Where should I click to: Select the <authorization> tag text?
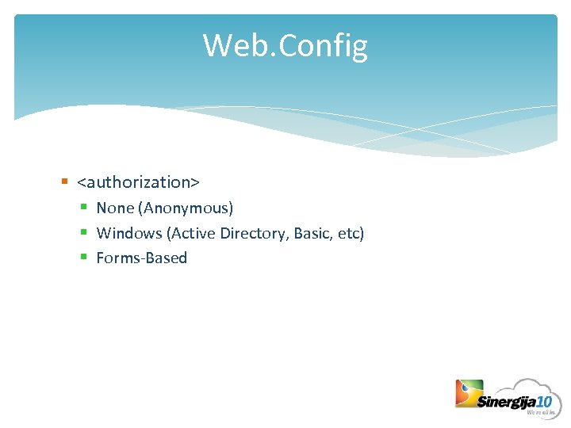pyautogui.click(x=138, y=182)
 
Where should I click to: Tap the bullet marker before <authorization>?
pyautogui.click(x=64, y=182)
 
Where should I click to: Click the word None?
pyautogui.click(x=115, y=208)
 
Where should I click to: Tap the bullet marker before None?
pyautogui.click(x=84, y=208)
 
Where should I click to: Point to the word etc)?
pyautogui.click(x=350, y=234)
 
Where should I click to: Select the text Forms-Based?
pyautogui.click(x=142, y=258)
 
